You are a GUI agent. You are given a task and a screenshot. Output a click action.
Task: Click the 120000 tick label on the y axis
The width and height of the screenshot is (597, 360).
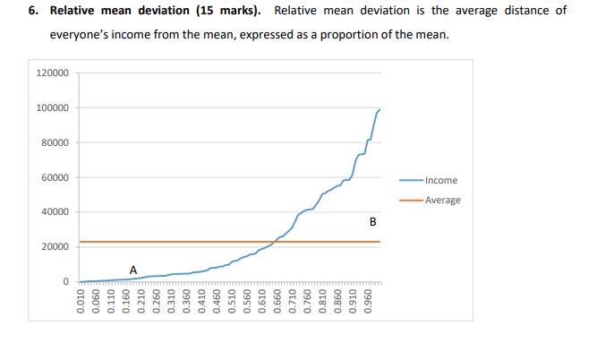pos(53,73)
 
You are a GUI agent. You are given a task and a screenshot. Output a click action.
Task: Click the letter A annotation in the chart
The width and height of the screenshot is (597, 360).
pos(133,269)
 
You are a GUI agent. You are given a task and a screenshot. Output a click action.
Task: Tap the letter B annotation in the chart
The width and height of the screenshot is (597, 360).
pos(372,221)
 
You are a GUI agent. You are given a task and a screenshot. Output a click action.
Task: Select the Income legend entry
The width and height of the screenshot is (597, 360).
pos(441,181)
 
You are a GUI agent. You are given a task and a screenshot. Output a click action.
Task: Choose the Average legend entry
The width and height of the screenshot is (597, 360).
pos(443,200)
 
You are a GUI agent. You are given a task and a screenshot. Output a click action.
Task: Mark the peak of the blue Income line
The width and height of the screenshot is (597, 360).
pos(380,109)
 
